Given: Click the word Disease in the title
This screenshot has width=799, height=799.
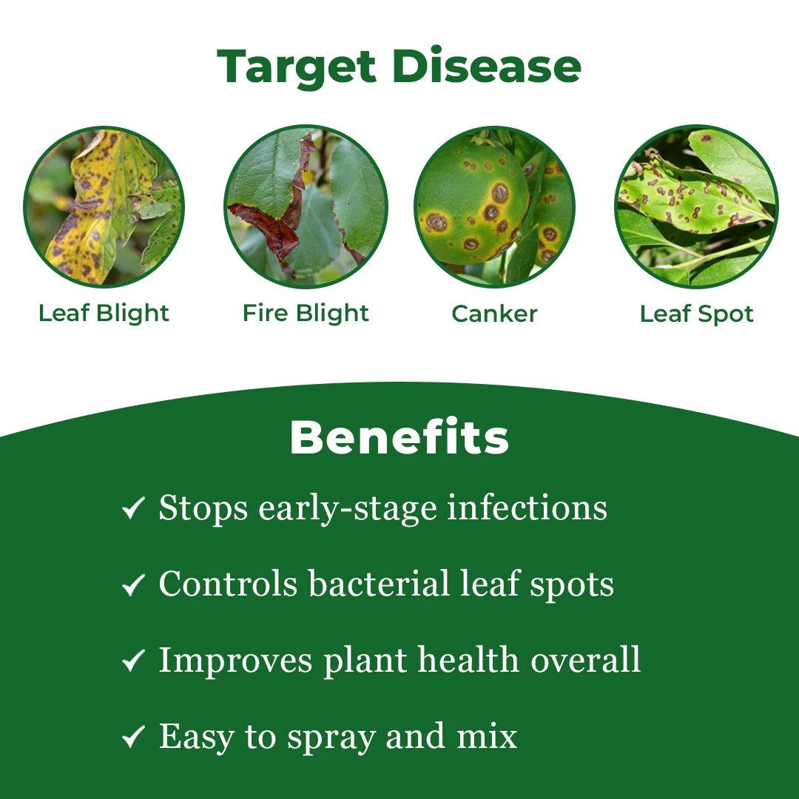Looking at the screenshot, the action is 487,67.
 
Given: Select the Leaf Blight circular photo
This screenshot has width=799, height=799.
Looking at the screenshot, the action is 104,207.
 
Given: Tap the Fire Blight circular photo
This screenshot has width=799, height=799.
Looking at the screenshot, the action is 306,206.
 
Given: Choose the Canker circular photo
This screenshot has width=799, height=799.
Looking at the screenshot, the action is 494,206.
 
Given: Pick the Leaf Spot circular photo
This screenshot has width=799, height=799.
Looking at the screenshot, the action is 696,206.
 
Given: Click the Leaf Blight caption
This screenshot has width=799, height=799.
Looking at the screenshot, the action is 104,314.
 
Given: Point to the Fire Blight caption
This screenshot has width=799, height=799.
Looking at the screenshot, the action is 306,314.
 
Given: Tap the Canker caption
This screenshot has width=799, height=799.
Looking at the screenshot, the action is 494,314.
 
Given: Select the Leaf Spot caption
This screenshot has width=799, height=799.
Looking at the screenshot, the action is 697,314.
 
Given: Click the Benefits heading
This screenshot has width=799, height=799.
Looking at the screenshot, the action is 399,437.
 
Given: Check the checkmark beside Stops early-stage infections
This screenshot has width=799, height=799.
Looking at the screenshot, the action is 133,508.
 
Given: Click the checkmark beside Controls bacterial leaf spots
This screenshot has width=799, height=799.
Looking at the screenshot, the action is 133,584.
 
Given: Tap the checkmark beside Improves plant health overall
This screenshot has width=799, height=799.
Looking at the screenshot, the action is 133,661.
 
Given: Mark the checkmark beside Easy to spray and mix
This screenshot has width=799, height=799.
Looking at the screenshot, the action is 133,736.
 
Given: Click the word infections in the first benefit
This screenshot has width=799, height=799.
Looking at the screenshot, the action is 527,508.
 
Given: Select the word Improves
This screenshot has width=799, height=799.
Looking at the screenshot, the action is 235,661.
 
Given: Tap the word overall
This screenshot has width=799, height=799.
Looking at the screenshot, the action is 585,659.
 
